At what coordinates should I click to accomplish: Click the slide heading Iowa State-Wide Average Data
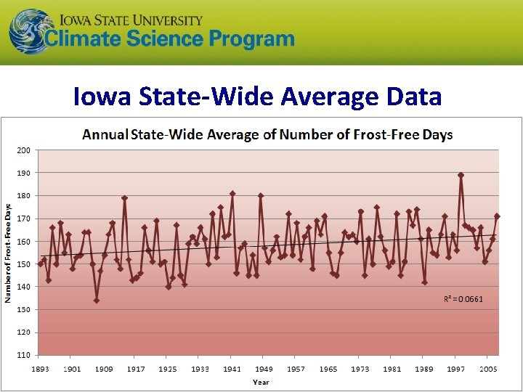(x=257, y=96)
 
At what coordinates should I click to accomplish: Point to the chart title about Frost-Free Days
(x=267, y=134)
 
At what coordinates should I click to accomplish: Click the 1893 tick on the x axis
(x=40, y=369)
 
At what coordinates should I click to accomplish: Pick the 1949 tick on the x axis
(x=264, y=369)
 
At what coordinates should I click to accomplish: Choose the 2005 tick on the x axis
(x=487, y=369)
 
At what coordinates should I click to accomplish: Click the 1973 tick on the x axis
(x=360, y=369)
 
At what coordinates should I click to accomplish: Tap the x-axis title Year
(x=261, y=382)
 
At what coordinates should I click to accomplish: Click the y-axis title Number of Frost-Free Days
(x=8, y=252)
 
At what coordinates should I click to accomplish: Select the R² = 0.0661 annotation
(x=463, y=298)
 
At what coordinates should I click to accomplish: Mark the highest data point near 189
(x=461, y=175)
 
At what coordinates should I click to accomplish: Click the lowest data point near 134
(x=97, y=301)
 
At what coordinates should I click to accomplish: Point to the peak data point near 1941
(x=232, y=194)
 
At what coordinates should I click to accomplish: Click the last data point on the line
(x=497, y=216)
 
